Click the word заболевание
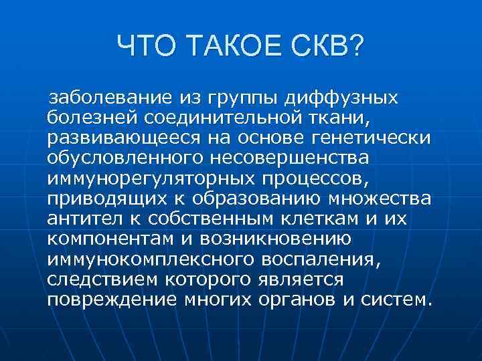pos(110,99)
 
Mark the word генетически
pos(372,138)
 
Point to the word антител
pos(83,219)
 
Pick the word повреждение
pos(112,299)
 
